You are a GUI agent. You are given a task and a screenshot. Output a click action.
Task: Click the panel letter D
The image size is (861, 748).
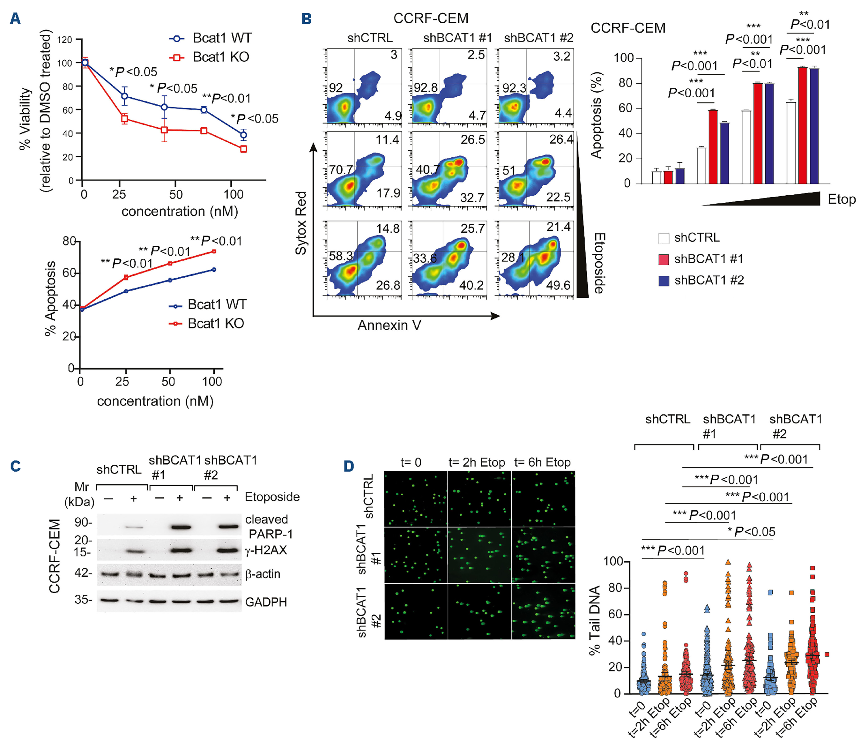point(349,466)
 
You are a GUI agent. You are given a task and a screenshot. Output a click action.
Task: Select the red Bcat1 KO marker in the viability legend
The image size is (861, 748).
point(177,57)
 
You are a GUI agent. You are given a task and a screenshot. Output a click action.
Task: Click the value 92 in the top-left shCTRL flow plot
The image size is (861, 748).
point(336,88)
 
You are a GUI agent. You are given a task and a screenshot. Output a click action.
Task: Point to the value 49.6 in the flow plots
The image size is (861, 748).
point(558,285)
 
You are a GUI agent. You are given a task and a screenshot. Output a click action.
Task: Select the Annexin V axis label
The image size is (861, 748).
point(389,325)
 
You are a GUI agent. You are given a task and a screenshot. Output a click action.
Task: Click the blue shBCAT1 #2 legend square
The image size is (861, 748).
point(664,281)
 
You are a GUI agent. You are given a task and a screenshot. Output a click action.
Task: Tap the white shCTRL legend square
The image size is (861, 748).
point(664,238)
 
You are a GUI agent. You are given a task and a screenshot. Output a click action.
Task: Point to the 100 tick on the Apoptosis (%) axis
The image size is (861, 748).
point(623,58)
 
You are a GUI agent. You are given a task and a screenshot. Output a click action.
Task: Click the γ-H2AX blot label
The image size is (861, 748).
point(266,550)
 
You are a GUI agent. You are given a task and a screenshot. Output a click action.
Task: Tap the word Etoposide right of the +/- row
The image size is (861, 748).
point(272,497)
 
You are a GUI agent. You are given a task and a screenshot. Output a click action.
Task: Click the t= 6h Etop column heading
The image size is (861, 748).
point(542,462)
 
